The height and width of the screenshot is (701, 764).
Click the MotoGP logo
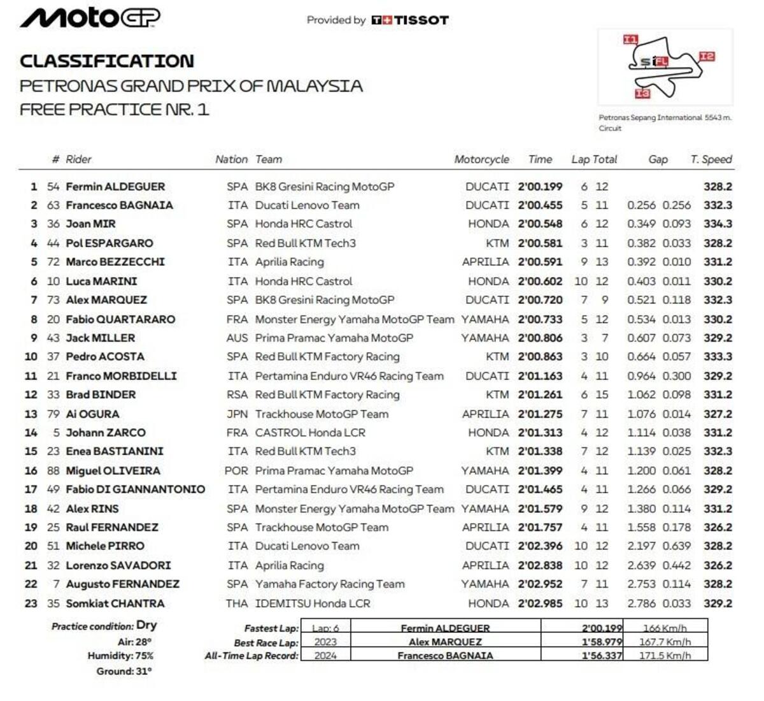click(90, 18)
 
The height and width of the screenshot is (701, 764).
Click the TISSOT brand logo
click(410, 20)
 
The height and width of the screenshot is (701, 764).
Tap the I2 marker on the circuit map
click(707, 57)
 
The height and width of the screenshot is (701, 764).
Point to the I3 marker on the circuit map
click(642, 94)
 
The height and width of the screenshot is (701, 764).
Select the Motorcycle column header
click(481, 159)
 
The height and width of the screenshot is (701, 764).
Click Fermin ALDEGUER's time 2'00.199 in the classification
click(540, 187)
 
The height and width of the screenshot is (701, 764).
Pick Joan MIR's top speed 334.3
click(718, 224)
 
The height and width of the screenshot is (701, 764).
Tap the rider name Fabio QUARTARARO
click(120, 319)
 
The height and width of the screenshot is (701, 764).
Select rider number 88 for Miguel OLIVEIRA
click(53, 471)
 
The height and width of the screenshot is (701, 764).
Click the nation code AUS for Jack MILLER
click(237, 338)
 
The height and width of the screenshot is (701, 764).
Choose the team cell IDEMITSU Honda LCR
click(312, 603)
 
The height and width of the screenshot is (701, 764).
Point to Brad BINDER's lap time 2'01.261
click(540, 394)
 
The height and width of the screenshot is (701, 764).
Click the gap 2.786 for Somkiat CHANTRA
click(641, 603)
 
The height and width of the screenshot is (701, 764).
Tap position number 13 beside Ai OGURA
click(31, 414)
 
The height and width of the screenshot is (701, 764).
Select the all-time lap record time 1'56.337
click(602, 655)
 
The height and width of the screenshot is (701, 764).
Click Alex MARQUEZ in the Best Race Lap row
click(445, 642)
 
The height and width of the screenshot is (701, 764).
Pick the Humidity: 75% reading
click(120, 656)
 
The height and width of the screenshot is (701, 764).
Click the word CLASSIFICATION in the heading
click(107, 61)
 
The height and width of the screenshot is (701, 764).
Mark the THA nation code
click(237, 603)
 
